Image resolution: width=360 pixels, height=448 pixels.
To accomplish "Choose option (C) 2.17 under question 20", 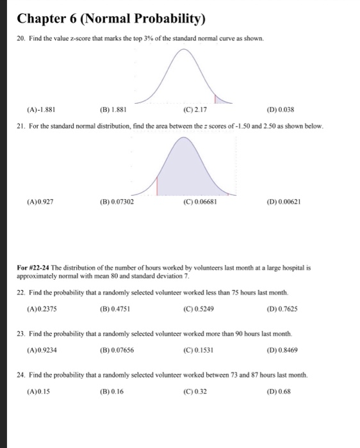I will pos(193,109).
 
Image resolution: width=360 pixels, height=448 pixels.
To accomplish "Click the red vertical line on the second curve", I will pos(157,187).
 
